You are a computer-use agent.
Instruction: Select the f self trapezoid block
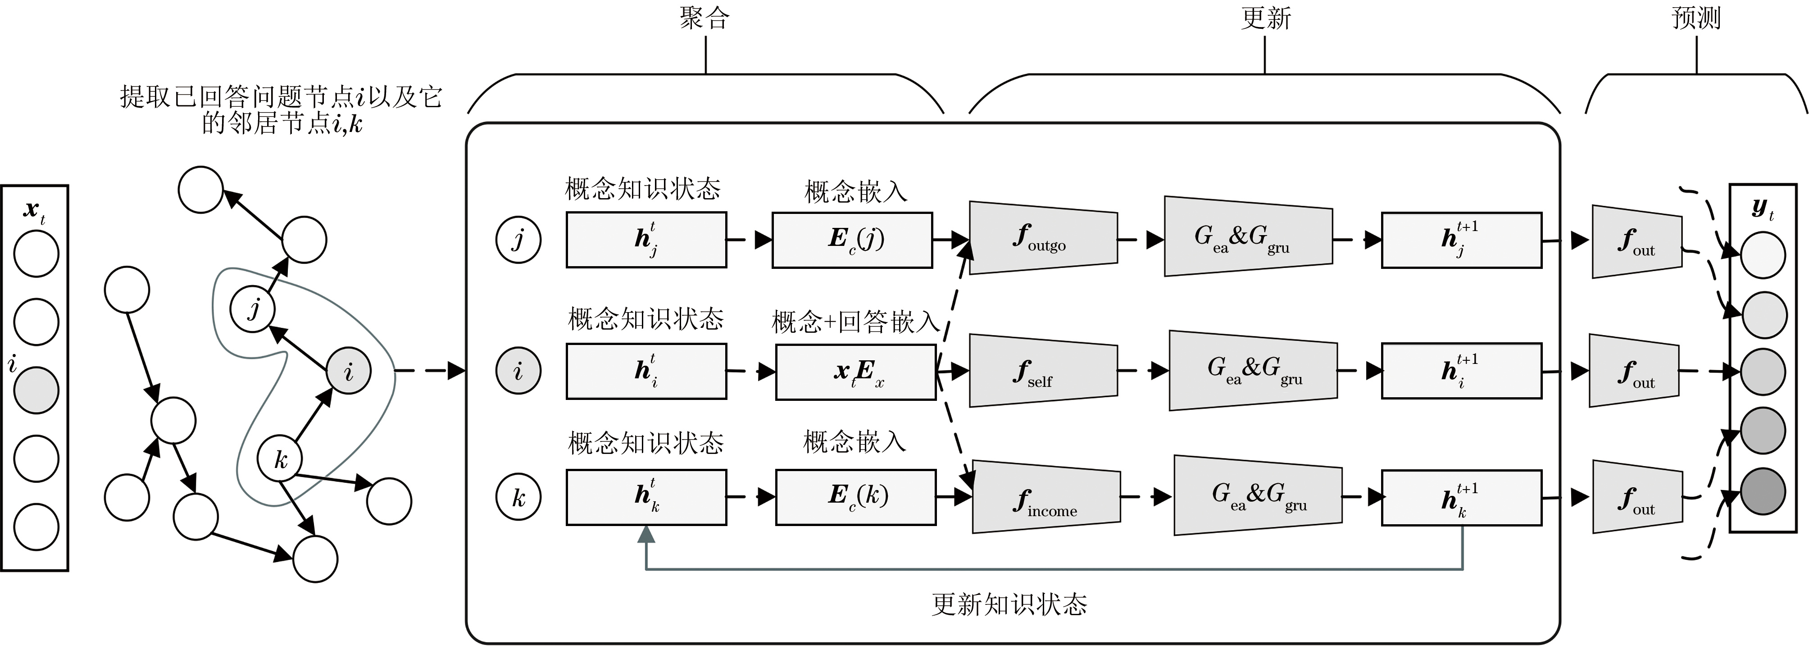tap(1043, 370)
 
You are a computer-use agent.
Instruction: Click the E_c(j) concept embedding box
tap(852, 240)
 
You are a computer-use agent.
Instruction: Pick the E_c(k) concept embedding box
tap(855, 497)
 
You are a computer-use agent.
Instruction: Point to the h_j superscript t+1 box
tap(1461, 240)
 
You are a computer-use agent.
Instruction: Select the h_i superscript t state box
tap(646, 371)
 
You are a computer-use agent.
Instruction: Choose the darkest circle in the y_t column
tap(1763, 491)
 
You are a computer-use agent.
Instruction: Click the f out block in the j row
tap(1636, 241)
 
